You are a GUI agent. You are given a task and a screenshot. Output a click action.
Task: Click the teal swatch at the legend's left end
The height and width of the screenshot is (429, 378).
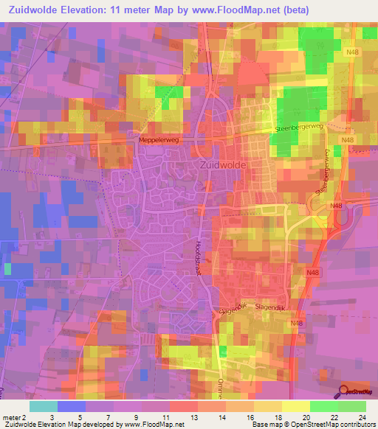tap(43, 406)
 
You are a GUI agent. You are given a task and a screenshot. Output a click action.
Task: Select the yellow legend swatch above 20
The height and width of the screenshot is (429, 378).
tap(295, 406)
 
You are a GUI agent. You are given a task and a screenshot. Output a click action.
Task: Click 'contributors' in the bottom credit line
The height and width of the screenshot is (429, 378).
tap(357, 425)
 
